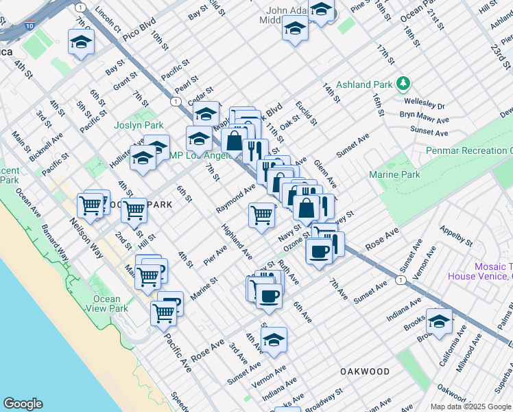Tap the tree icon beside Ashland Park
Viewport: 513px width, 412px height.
(404, 84)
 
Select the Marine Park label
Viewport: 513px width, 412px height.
(394, 175)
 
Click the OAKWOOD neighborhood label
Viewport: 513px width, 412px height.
(365, 371)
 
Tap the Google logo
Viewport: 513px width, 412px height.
(23, 404)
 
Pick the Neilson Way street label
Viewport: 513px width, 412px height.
(86, 238)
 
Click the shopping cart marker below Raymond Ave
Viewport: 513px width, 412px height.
(262, 216)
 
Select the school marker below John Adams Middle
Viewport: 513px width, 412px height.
(295, 29)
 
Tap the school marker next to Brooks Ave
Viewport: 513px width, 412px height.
(439, 321)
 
